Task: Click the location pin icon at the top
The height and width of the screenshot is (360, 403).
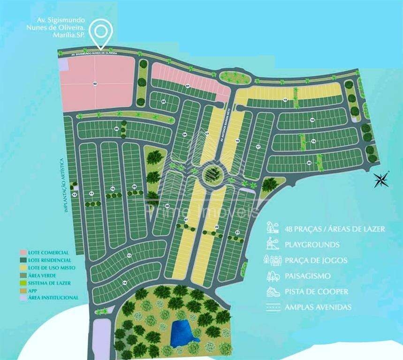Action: (x=101, y=31)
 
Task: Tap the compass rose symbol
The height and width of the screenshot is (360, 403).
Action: (x=380, y=180)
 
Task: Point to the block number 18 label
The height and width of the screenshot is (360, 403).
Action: (x=312, y=120)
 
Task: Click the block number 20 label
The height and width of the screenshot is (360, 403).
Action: (x=309, y=162)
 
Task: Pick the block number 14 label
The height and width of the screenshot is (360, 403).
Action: (x=124, y=283)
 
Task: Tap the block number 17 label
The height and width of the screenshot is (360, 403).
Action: (x=258, y=147)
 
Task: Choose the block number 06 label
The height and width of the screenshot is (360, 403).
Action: (x=116, y=128)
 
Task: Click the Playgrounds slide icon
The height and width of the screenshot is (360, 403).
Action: (x=271, y=244)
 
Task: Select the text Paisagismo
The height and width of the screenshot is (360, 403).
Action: (x=307, y=276)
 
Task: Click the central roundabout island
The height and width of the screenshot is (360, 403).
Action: (x=213, y=174)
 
